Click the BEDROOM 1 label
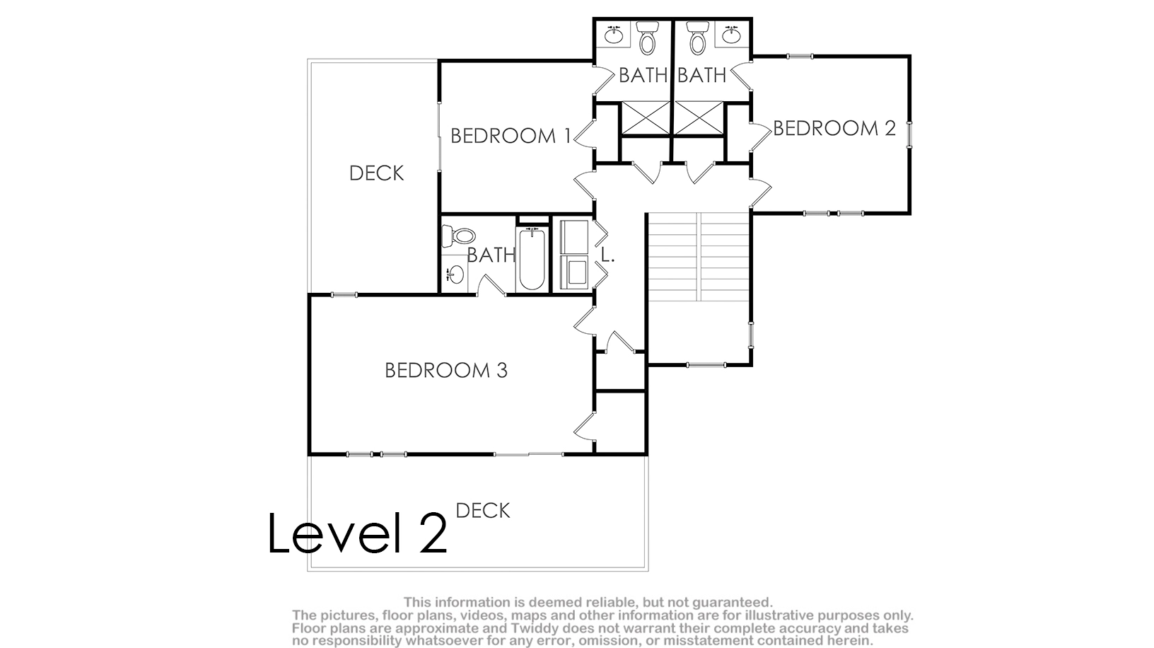pos(511,136)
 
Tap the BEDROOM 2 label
pos(834,128)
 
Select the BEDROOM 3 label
pos(446,370)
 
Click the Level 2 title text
pos(357,533)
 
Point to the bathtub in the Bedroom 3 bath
pos(532,260)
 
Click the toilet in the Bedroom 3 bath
pos(458,236)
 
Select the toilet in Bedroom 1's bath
pos(647,37)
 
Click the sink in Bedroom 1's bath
pos(614,35)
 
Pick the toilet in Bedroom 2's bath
pos(697,37)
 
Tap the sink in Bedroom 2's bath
pos(731,35)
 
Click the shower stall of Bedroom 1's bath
pos(646,118)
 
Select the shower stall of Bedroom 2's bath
pos(699,118)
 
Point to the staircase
pos(698,257)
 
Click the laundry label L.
pos(608,255)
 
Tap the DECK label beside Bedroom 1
pos(377,173)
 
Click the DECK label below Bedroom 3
pos(483,511)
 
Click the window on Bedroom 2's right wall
pos(910,135)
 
